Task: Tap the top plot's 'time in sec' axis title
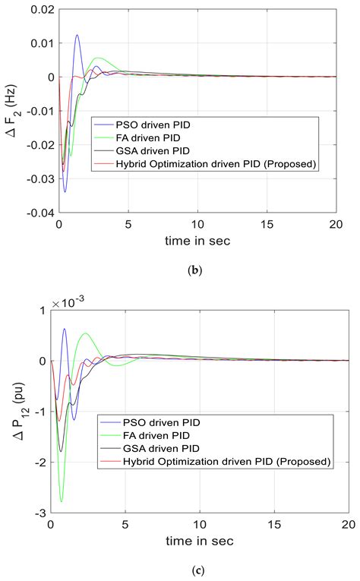coord(203,241)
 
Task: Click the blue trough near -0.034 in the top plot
coord(65,191)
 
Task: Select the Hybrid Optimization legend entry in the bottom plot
coord(216,461)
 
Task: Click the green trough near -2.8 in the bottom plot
coord(62,501)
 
